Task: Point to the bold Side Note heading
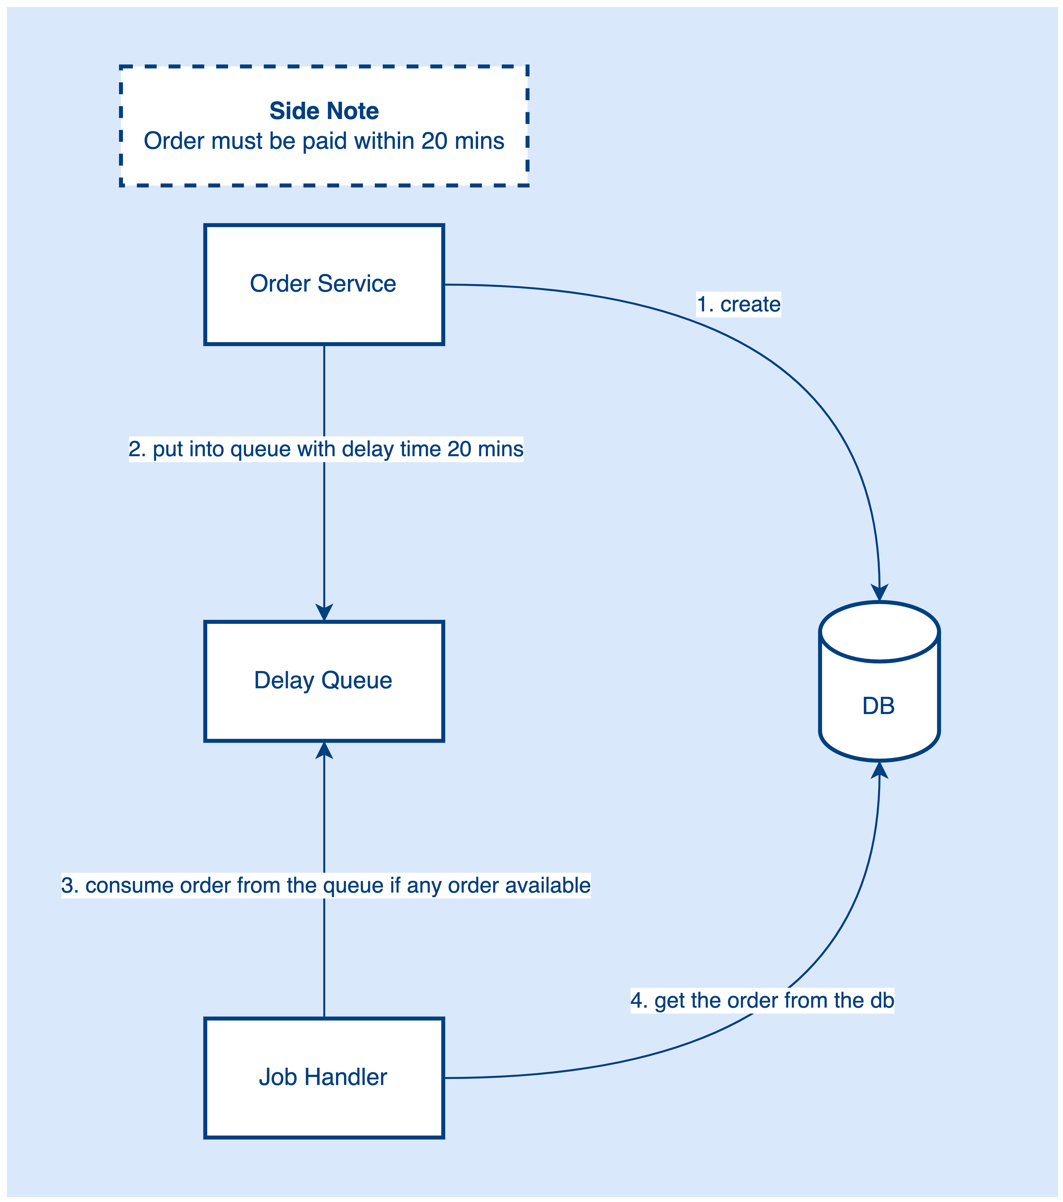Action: click(324, 111)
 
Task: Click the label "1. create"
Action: click(738, 305)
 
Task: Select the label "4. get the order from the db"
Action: click(762, 1000)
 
